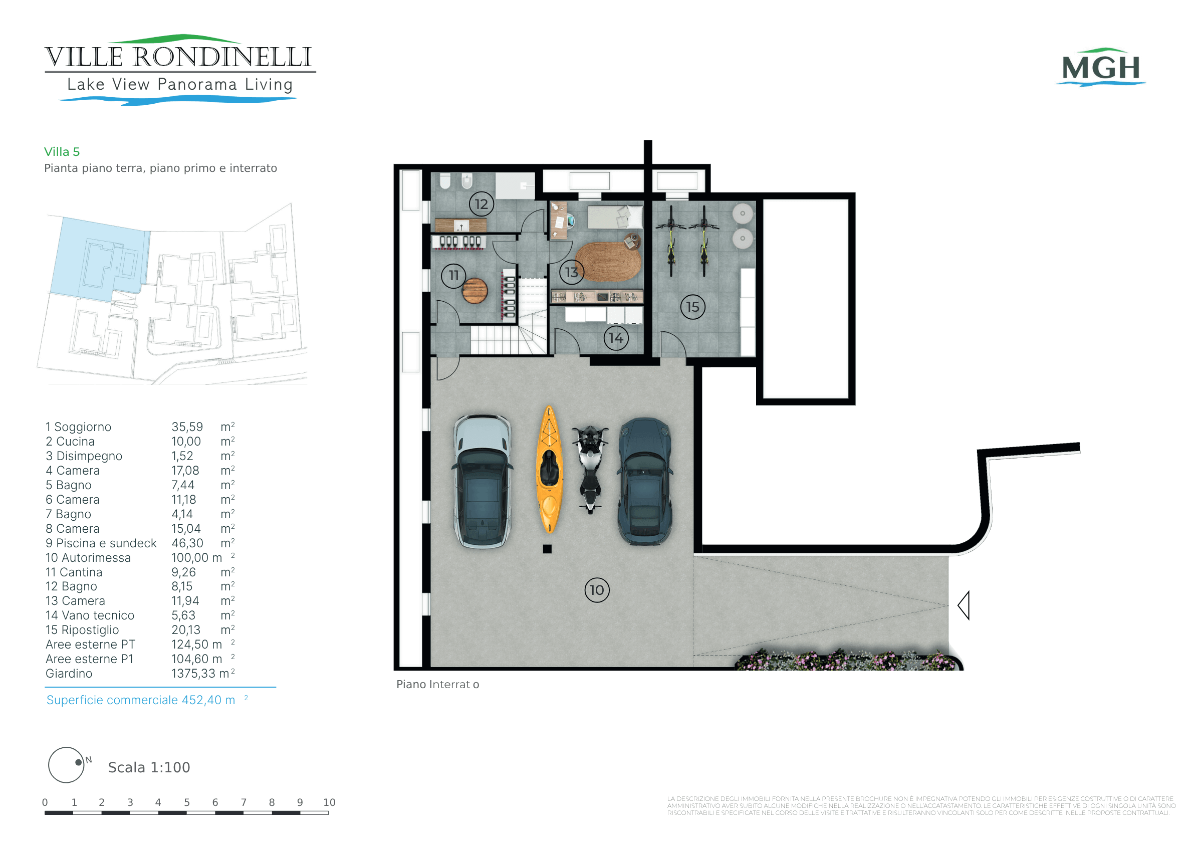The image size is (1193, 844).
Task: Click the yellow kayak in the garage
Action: pos(549,469)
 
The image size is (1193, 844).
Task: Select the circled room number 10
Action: pos(597,590)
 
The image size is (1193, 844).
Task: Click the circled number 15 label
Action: pos(692,307)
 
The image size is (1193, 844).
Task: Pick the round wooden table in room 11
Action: pos(475,291)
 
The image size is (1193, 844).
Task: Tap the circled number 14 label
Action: pos(616,338)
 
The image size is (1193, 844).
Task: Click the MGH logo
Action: pos(1101,67)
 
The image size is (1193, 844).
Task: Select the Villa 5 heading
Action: pos(62,152)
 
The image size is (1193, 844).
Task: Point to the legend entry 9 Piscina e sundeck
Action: pos(101,543)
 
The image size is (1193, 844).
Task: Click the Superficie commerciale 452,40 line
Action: pos(147,700)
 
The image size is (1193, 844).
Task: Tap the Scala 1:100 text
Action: pos(149,768)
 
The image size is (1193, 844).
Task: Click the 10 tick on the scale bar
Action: pos(329,802)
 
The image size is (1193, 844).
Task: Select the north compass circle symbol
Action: pos(66,765)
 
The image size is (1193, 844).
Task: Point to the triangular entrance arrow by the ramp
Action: pos(964,605)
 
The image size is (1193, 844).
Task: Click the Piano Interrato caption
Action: pos(437,685)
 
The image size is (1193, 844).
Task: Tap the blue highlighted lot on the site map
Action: pos(99,260)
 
